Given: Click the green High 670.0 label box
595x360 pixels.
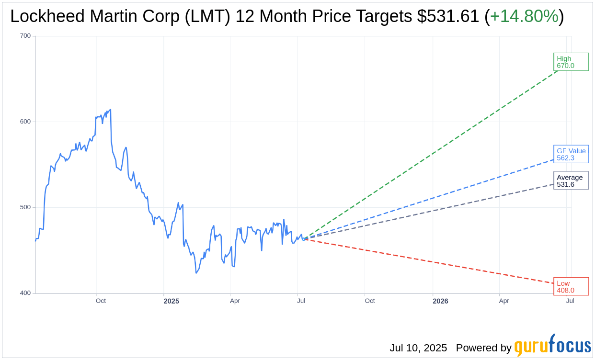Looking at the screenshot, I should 571,62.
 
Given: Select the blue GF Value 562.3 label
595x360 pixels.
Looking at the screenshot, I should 571,154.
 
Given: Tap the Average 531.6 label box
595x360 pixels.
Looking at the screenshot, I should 571,180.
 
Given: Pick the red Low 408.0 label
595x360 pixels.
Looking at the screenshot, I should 571,286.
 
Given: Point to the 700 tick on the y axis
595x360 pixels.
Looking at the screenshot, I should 25,36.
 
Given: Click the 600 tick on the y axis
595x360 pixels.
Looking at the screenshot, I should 25,122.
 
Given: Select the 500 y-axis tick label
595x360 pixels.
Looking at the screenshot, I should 25,207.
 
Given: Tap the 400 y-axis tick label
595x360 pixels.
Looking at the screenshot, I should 25,293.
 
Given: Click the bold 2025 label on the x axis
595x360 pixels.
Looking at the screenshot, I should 171,301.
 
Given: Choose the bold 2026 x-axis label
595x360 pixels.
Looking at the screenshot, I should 440,301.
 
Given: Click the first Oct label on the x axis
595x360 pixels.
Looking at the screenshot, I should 101,301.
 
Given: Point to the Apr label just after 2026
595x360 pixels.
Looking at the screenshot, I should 504,301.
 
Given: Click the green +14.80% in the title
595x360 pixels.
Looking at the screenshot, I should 524,16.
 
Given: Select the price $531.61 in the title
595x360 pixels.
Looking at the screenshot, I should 448,16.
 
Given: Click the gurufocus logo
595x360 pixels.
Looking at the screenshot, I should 552,346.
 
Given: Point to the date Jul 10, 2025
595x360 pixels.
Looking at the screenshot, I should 418,348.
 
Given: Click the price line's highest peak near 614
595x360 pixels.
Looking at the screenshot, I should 111,110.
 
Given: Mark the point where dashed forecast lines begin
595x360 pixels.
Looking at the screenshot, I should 303,239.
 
